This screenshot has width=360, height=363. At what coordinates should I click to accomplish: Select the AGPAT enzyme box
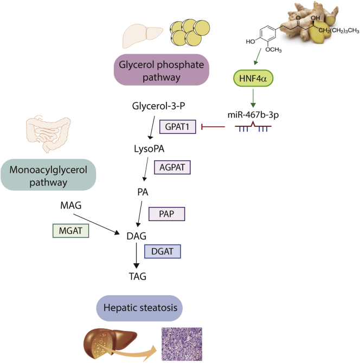point(173,167)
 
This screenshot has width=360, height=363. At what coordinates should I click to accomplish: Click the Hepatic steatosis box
point(140,308)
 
